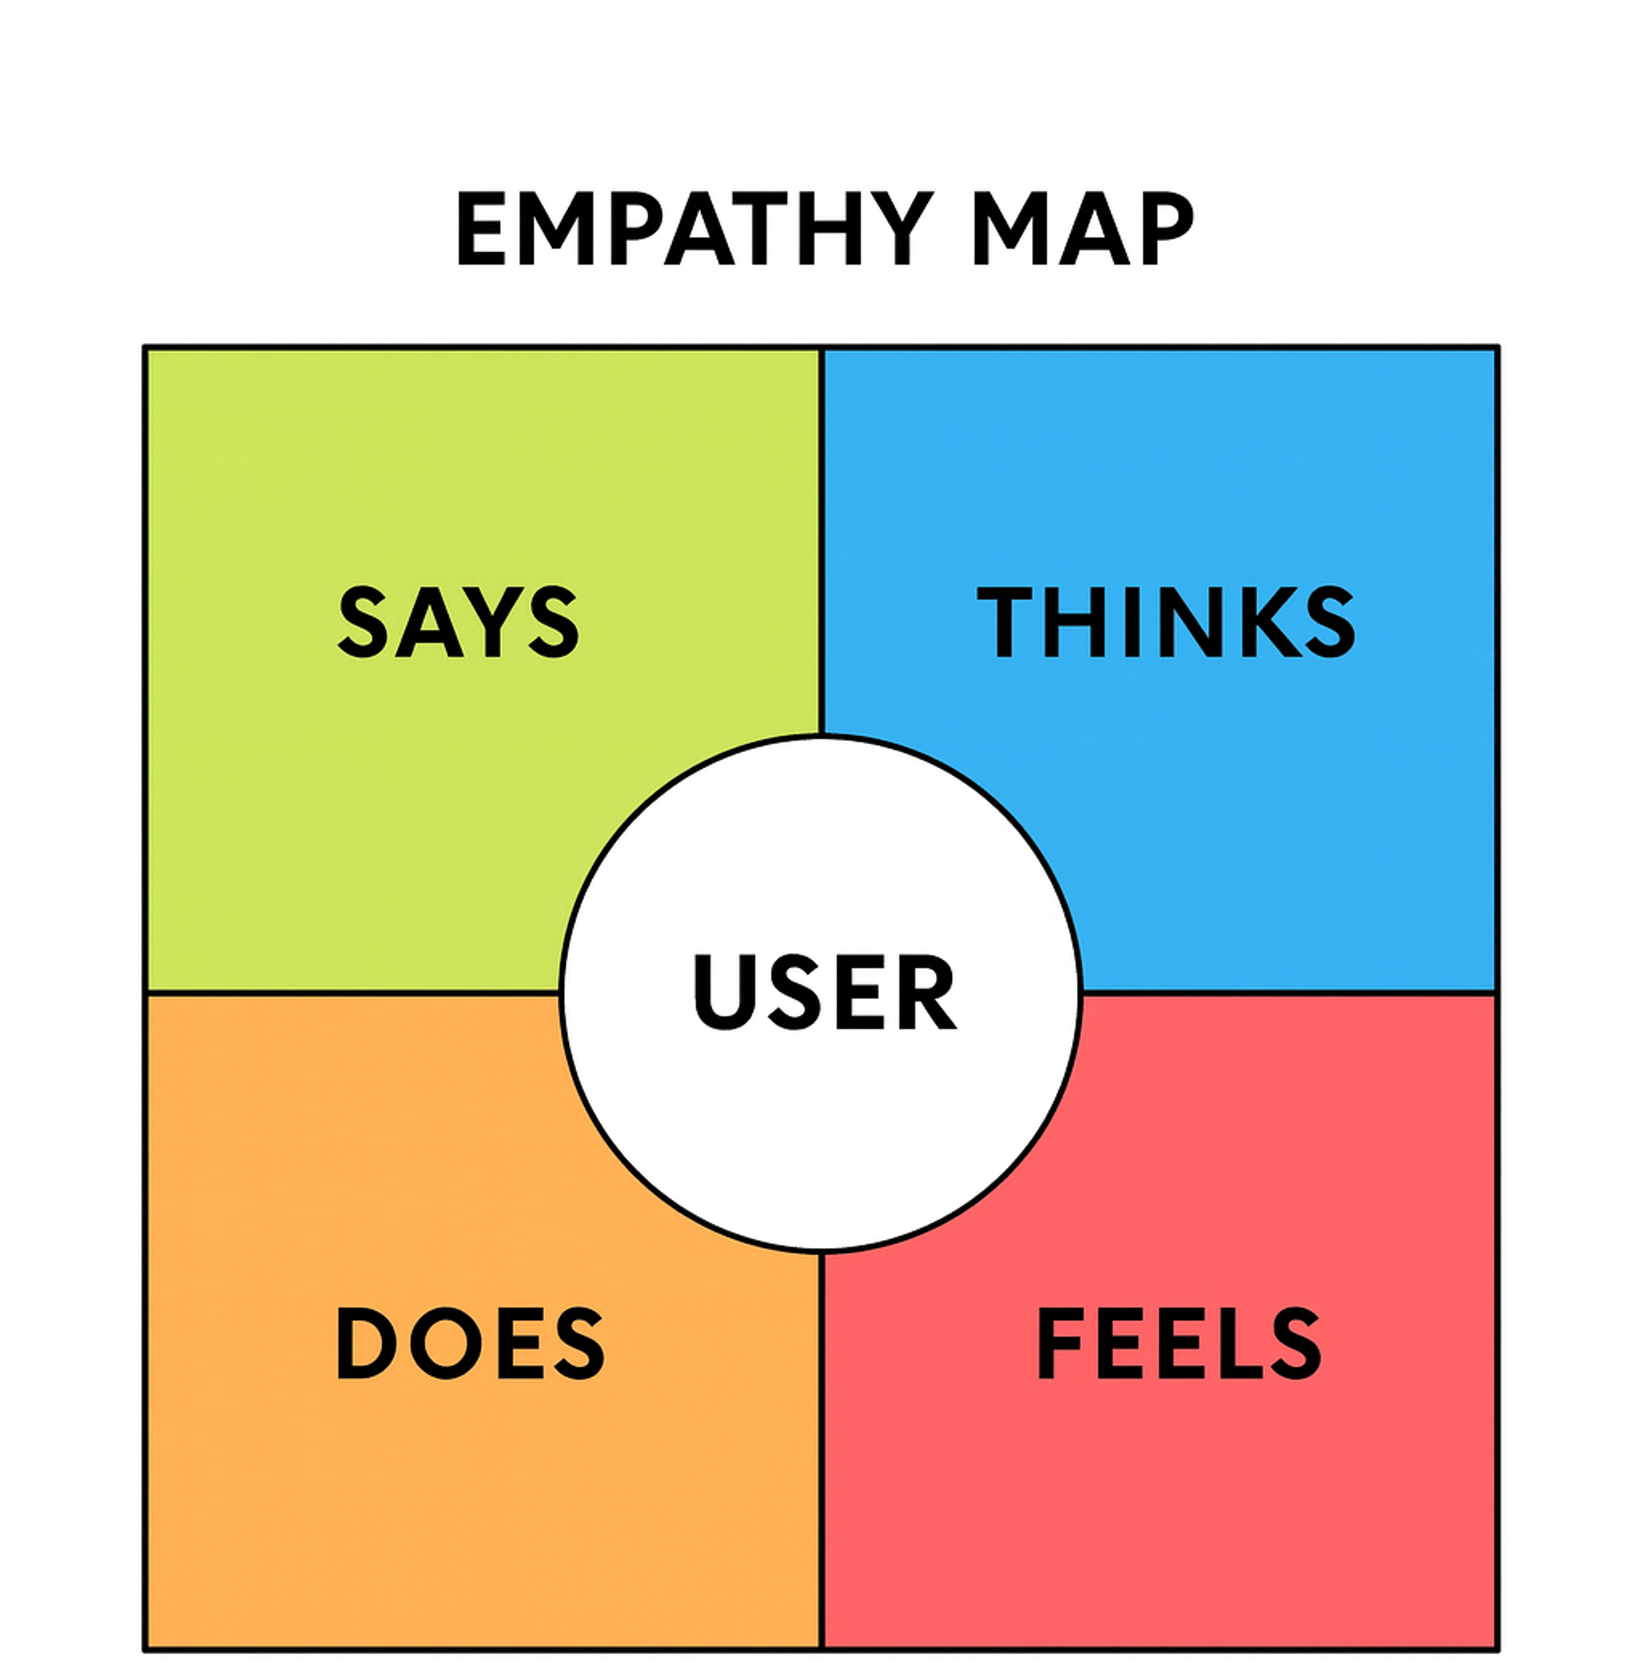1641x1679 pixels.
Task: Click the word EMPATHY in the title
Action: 694,228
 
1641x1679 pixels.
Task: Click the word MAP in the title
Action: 1083,228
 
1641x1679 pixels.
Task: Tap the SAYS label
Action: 458,622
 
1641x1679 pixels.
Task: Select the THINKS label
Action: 1166,622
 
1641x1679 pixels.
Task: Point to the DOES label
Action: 470,1343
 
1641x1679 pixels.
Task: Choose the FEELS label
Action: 1178,1343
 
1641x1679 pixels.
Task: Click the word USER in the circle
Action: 824,991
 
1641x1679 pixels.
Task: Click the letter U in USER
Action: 724,991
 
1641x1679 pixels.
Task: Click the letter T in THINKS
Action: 1004,622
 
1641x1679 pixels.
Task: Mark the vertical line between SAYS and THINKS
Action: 821,534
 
